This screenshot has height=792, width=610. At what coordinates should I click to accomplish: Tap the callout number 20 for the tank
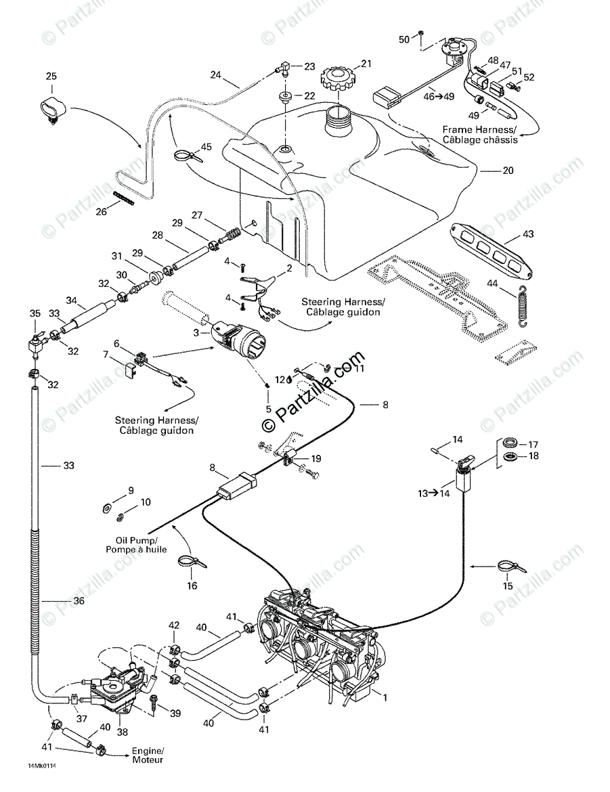click(508, 171)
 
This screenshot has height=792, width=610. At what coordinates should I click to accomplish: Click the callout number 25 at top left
click(51, 76)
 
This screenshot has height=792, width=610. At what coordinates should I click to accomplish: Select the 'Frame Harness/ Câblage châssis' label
click(479, 134)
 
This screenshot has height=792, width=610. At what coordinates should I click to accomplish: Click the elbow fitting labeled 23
click(284, 68)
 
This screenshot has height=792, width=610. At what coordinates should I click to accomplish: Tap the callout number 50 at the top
click(404, 40)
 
